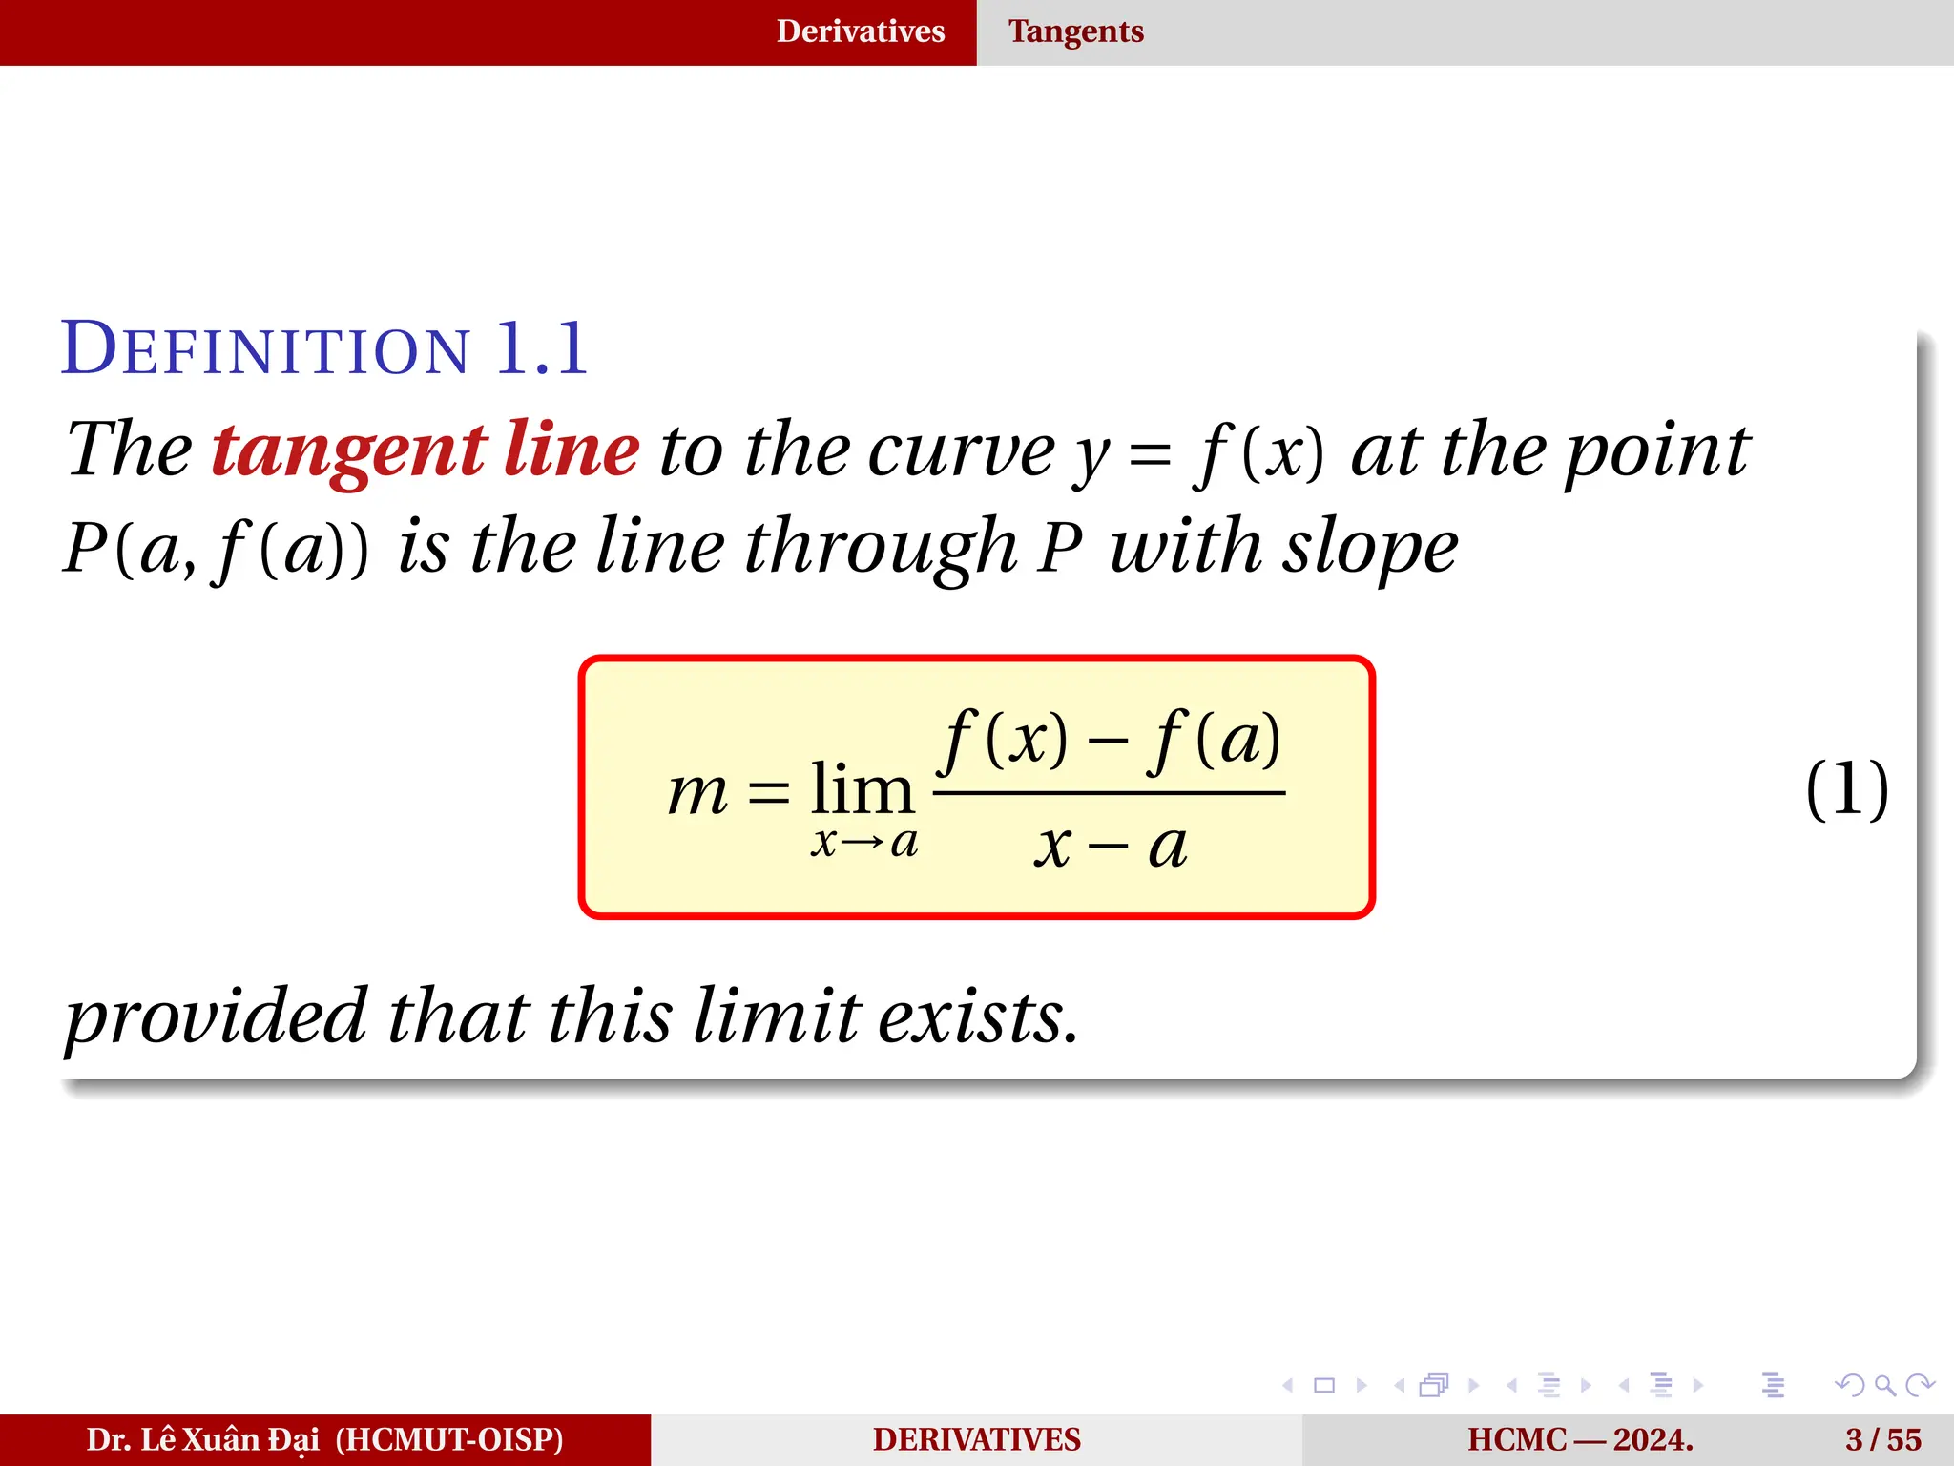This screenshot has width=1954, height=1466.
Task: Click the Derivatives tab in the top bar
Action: [x=860, y=31]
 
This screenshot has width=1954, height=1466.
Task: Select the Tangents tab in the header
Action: [x=1075, y=31]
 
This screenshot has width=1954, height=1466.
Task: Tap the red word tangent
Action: [x=349, y=450]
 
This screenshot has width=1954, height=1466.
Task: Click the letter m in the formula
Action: [x=697, y=792]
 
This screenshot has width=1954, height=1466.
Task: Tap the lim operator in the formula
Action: [x=862, y=790]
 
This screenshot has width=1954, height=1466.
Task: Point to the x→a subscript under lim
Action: [x=863, y=843]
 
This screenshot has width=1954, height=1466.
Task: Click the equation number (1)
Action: [x=1846, y=789]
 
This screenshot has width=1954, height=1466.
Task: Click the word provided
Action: [x=216, y=1017]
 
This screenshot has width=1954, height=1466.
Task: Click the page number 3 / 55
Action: [x=1882, y=1439]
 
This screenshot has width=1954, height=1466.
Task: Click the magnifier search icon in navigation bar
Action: [x=1884, y=1385]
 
